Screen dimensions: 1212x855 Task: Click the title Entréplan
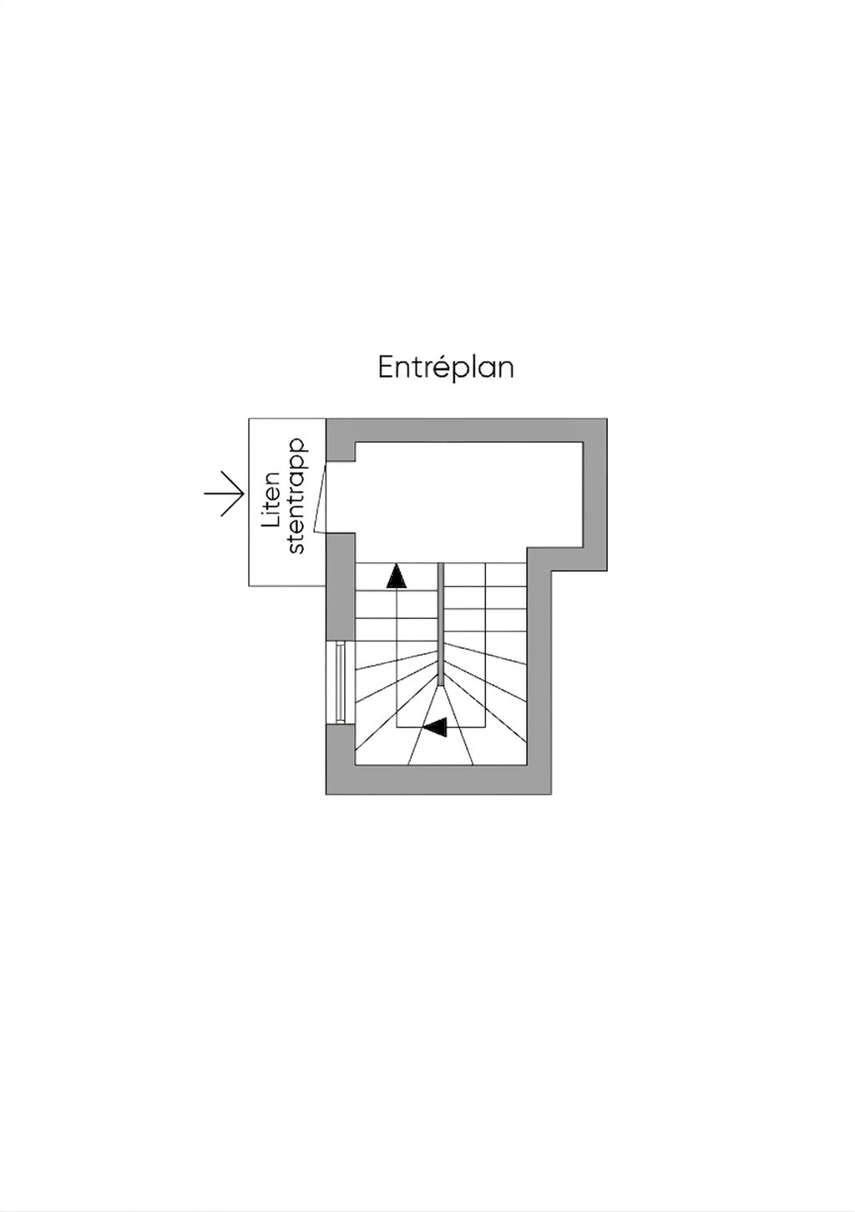pos(445,368)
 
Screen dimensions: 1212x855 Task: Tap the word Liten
pos(272,500)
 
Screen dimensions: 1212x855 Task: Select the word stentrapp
pos(296,496)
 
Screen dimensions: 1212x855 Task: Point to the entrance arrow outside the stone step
pos(225,494)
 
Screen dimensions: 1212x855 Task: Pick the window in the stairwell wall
pos(340,682)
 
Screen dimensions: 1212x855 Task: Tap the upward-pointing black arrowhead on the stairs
pos(397,576)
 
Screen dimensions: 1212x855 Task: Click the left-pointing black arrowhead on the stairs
pos(435,728)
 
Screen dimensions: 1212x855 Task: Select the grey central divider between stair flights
pos(440,622)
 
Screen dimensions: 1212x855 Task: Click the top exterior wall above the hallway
pos(468,429)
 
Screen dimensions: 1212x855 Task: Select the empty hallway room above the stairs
pos(468,493)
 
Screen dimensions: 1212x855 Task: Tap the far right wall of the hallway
pos(594,493)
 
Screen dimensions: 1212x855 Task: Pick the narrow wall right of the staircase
pos(539,668)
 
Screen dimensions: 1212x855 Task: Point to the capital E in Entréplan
pos(386,368)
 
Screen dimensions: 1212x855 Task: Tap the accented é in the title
pos(442,366)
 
